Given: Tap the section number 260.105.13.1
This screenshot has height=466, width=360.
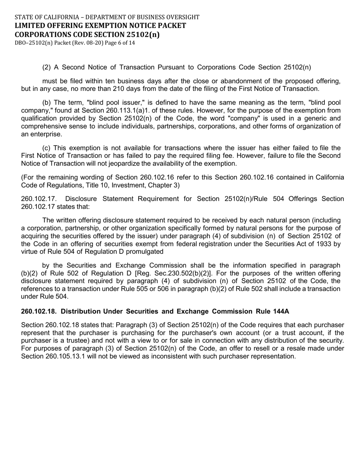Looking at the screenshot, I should pyautogui.click(x=66, y=356).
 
